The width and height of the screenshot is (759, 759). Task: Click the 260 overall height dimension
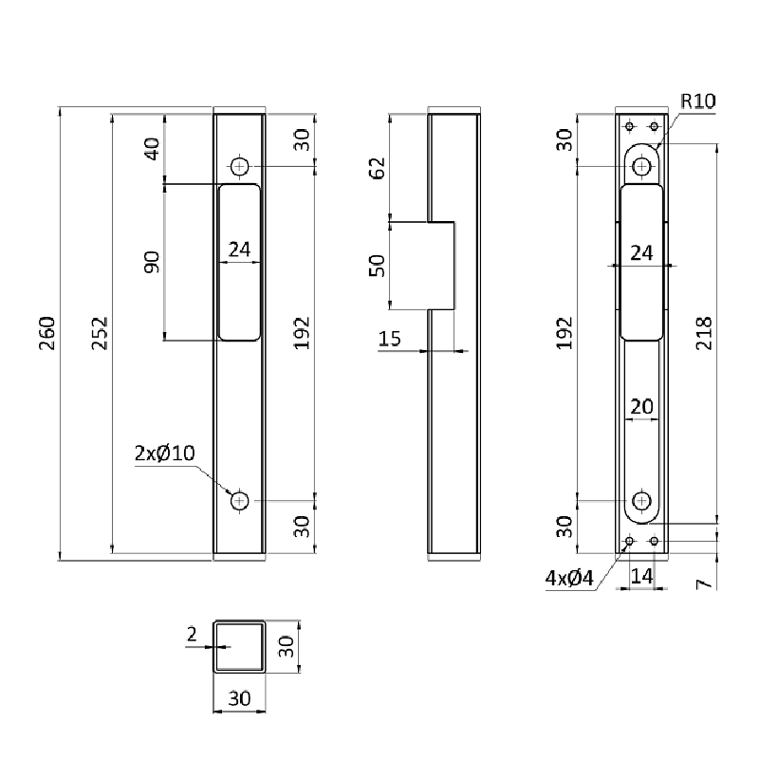pyautogui.click(x=48, y=334)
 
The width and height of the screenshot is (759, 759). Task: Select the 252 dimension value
pyautogui.click(x=100, y=334)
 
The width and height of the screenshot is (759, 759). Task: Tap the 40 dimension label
pyautogui.click(x=152, y=148)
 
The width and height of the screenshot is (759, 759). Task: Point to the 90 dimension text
pyautogui.click(x=152, y=262)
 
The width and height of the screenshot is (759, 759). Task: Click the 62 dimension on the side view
pyautogui.click(x=377, y=168)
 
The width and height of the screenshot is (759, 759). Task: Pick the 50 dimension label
pyautogui.click(x=377, y=266)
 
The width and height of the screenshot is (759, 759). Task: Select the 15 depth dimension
pyautogui.click(x=390, y=339)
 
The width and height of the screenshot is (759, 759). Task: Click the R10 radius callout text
pyautogui.click(x=697, y=102)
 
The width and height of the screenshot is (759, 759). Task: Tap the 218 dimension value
pyautogui.click(x=703, y=334)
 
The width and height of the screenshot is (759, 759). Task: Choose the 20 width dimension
pyautogui.click(x=642, y=406)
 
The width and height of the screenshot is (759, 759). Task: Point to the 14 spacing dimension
pyautogui.click(x=642, y=575)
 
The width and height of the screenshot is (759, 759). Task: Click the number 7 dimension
pyautogui.click(x=703, y=581)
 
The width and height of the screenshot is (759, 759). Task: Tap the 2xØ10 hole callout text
pyautogui.click(x=164, y=453)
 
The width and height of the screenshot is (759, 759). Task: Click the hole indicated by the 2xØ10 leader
pyautogui.click(x=239, y=500)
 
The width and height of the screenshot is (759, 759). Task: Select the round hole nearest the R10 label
pyautogui.click(x=643, y=166)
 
